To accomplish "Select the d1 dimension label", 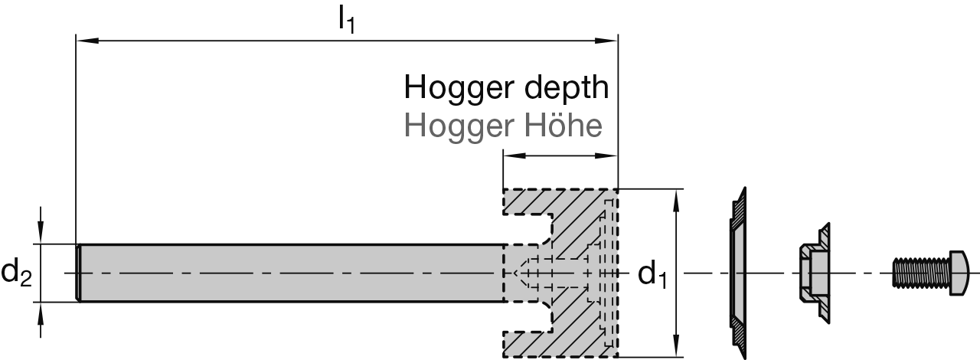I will coord(652,273).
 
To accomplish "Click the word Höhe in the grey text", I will coord(568,125).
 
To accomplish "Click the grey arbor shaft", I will coord(291,273).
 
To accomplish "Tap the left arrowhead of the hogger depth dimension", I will coord(510,155).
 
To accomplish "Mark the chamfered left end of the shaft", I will coord(79,273).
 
